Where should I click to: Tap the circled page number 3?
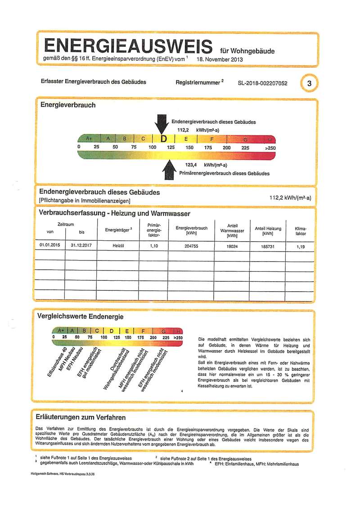click(309, 83)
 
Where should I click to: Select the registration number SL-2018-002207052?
click(262, 84)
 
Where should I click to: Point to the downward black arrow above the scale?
click(161, 124)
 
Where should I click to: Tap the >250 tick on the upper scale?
click(270, 147)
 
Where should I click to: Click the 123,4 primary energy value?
click(192, 165)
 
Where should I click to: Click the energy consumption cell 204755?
click(191, 246)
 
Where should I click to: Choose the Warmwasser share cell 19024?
click(232, 246)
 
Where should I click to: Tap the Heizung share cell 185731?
click(268, 246)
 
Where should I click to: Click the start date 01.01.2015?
click(49, 246)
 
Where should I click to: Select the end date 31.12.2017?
click(81, 246)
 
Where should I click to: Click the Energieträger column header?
click(118, 230)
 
